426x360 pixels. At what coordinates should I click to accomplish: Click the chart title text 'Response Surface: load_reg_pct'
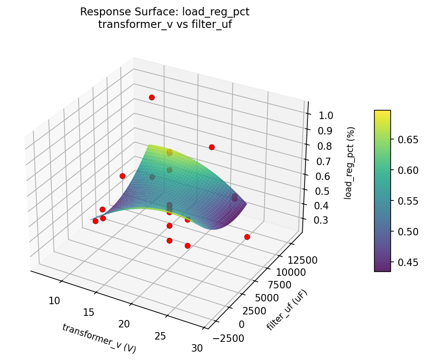tap(165, 12)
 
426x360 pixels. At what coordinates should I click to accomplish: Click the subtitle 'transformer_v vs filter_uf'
tap(165, 25)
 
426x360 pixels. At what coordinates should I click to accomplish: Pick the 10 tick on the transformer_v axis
tap(55, 300)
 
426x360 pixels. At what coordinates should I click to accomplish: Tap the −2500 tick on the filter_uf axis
tap(228, 338)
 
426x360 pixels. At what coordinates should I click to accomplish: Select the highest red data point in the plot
tap(152, 97)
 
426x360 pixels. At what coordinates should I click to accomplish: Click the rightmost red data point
tap(247, 237)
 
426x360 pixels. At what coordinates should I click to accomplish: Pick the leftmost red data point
tap(95, 221)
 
